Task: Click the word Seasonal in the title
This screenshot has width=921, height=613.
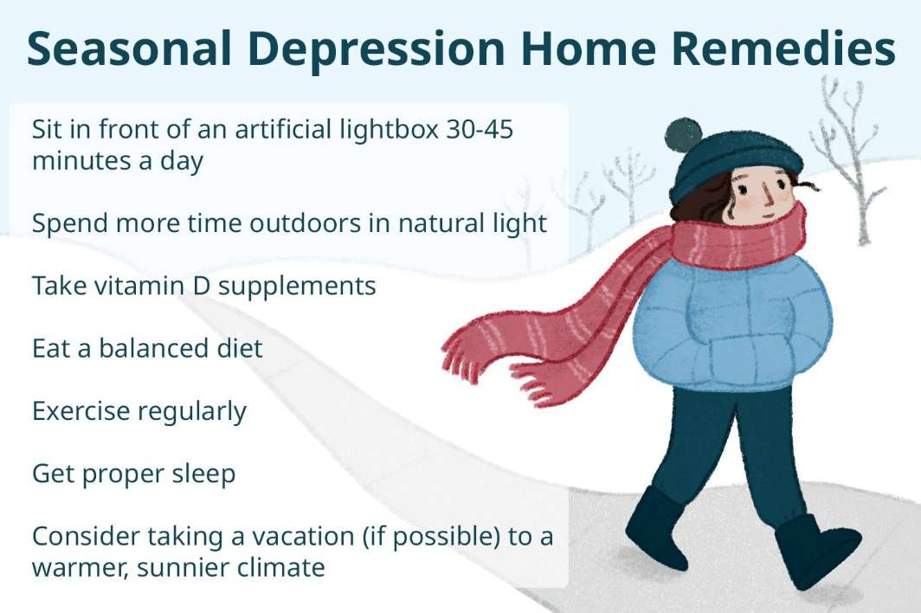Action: pos(129,48)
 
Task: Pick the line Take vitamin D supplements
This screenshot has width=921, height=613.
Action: pos(203,287)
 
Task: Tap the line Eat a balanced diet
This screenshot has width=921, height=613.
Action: pos(147,348)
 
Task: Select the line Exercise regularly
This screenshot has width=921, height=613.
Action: pos(139,411)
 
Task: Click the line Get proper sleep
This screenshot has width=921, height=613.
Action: pos(134,474)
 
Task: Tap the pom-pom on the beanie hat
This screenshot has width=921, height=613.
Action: pos(684,135)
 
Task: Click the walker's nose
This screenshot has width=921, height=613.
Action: pos(768,196)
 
